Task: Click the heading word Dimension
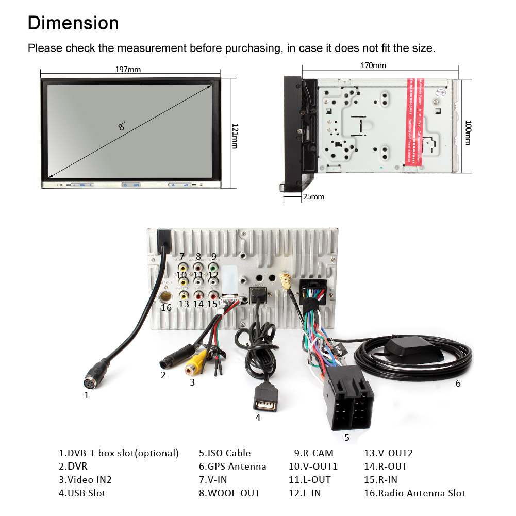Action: pos(73,23)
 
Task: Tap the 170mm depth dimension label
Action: pos(373,65)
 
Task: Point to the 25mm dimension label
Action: pos(314,196)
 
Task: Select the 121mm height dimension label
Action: pos(235,136)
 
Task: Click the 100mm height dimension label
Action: pos(468,132)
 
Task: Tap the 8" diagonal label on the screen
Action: pos(122,125)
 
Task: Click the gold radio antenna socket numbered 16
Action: pos(167,297)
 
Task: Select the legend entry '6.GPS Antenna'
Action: pos(232,467)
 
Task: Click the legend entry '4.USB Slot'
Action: pos(82,493)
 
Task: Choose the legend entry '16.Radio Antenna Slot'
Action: pos(414,493)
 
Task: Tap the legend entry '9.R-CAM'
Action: pos(313,453)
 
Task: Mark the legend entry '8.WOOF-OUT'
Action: pos(229,493)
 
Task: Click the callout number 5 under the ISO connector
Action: pos(346,438)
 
